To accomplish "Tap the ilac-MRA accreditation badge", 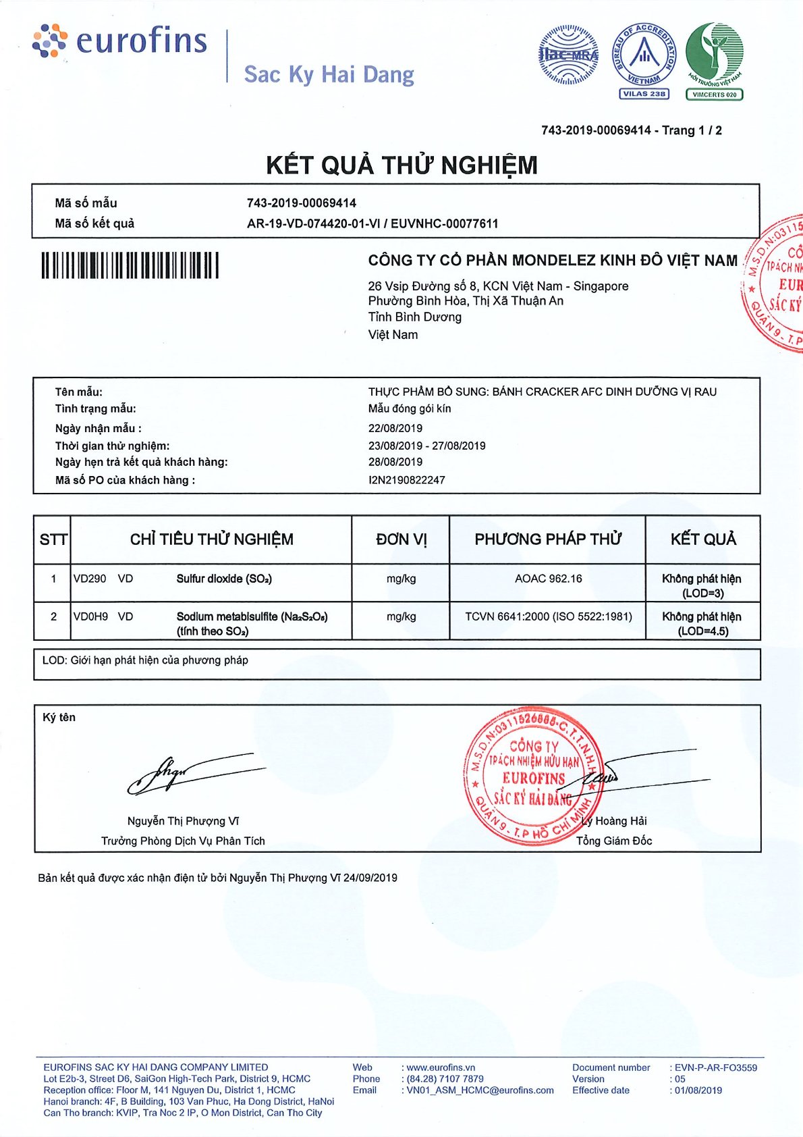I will click(x=568, y=54).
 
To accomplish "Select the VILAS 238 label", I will click(x=644, y=94).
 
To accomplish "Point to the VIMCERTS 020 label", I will click(x=715, y=95).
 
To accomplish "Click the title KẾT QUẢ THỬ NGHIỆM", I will click(x=401, y=165).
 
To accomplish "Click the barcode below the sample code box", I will click(x=130, y=265).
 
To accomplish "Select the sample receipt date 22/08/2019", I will click(x=395, y=428).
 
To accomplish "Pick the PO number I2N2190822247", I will click(x=407, y=480).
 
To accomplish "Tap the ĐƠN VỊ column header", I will click(x=401, y=539).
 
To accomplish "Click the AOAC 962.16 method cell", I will click(x=548, y=579).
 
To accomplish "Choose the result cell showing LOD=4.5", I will click(x=702, y=624).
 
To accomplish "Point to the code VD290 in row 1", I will click(x=90, y=579).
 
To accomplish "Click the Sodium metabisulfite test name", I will click(x=252, y=616).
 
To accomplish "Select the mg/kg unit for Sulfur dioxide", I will click(x=401, y=579).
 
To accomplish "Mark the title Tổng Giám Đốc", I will click(x=614, y=841).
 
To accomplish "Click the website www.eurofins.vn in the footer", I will click(x=441, y=1067).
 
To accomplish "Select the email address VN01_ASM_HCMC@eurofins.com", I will click(x=480, y=1090).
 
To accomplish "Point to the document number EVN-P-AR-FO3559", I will click(x=716, y=1067).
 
